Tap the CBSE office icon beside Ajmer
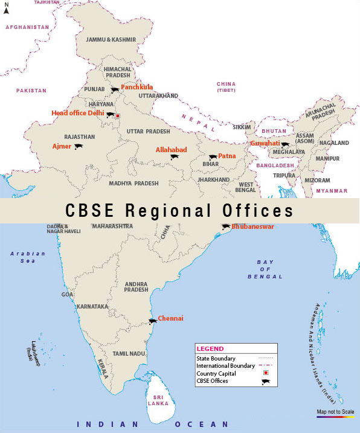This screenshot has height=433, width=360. click(x=79, y=146)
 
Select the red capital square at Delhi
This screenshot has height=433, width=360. click(x=118, y=115)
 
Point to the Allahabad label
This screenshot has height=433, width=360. click(x=172, y=149)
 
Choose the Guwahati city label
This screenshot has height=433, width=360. click(x=266, y=143)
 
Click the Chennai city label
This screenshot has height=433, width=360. click(x=170, y=318)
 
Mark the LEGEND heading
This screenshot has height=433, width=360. click(x=210, y=348)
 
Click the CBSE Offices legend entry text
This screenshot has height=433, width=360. click(x=212, y=381)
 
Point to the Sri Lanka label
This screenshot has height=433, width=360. click(x=159, y=400)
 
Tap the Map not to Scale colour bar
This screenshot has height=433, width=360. click(x=334, y=417)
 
